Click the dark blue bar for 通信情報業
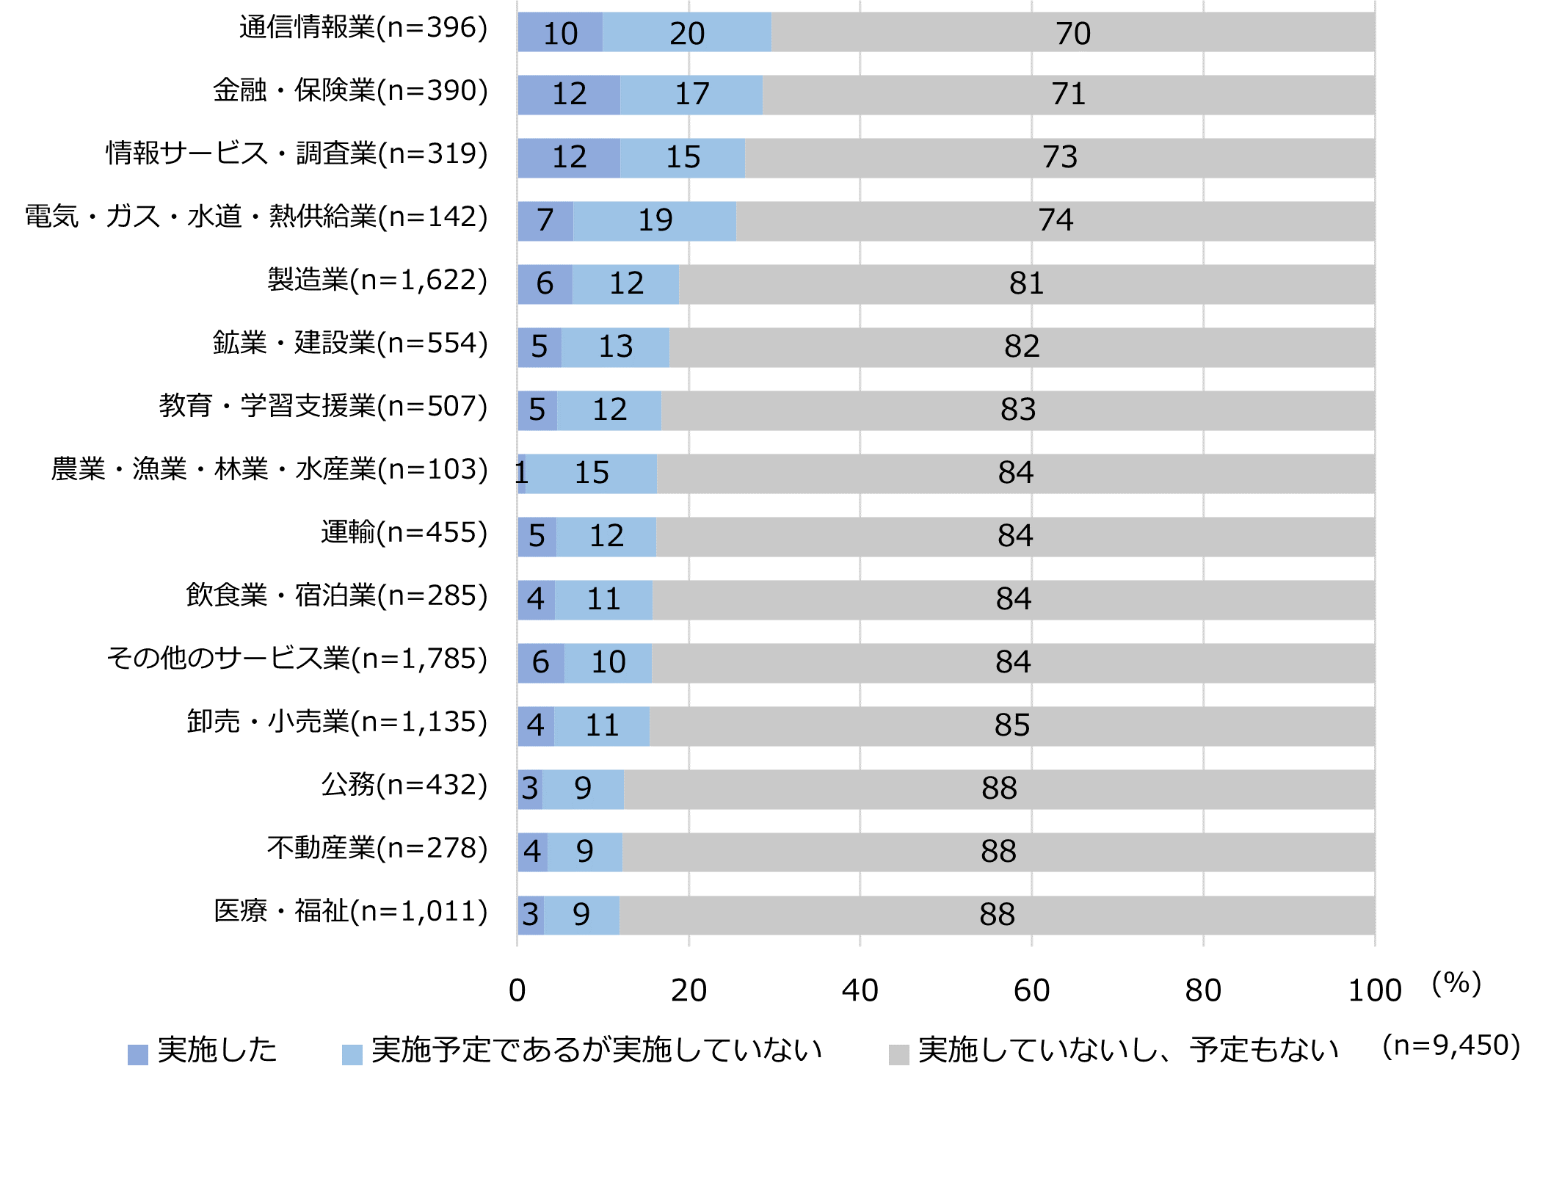560,32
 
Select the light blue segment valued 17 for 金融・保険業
691,95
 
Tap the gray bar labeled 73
1059,158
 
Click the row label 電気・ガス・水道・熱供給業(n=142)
256,217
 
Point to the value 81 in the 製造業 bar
1026,283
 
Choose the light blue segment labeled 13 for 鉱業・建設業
615,347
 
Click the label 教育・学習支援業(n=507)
323,406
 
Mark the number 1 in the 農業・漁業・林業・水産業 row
521,473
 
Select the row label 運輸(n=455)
404,532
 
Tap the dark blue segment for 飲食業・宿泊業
536,600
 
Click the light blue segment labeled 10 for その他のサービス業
608,663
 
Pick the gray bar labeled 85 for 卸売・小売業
1011,726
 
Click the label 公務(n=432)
404,785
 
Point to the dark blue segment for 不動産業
532,852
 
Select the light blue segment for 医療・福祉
581,915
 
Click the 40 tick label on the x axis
860,991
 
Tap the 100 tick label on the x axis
1374,991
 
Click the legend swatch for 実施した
138,1054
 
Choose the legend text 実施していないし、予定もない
1128,1051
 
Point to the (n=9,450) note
1450,1045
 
